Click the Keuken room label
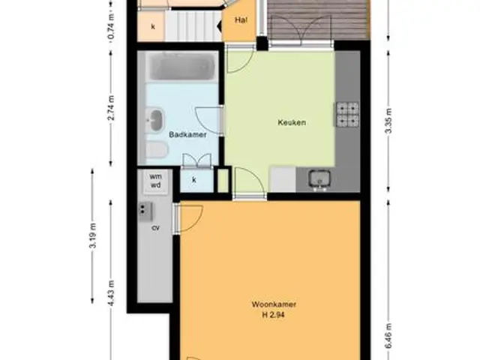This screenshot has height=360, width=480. tap(292, 122)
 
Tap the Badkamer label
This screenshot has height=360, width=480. tap(187, 134)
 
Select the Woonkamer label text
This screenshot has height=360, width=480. tap(274, 304)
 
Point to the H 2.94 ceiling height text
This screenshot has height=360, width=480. tap(273, 315)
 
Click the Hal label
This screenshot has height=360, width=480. tap(241, 20)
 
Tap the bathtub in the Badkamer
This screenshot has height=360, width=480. tap(181, 67)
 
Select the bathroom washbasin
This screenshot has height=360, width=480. tap(155, 120)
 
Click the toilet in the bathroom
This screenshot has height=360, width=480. tap(157, 150)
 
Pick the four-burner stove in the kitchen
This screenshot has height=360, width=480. tap(347, 114)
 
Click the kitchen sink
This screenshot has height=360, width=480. tap(319, 178)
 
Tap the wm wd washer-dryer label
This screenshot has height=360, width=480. tap(155, 181)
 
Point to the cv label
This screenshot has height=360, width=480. tap(156, 228)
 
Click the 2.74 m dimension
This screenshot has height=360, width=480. tap(111, 108)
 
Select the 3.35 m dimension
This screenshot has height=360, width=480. tap(388, 121)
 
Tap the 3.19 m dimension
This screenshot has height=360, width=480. tap(93, 235)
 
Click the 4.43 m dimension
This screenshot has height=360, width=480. tap(111, 293)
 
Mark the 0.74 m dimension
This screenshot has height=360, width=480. tap(111, 27)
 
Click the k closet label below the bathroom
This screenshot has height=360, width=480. tap(193, 180)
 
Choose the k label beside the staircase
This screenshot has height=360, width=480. tap(153, 27)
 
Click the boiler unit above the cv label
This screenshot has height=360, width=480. tap(145, 211)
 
